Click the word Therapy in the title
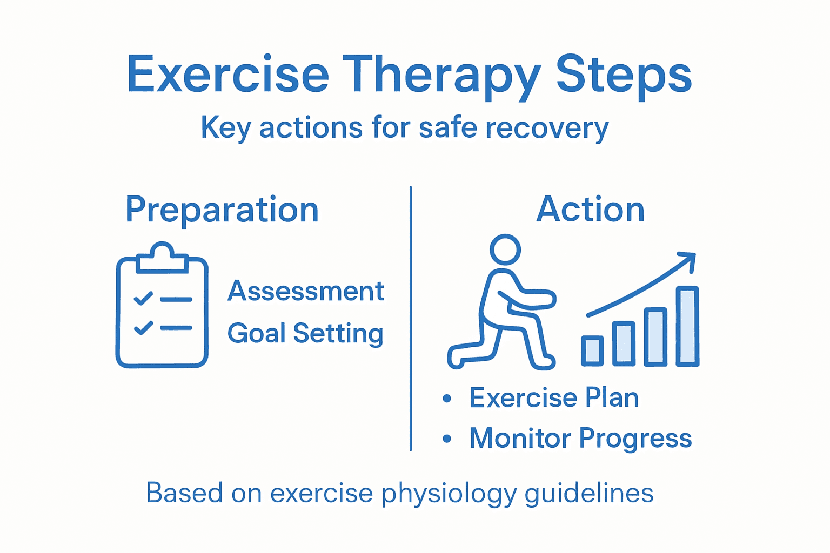tap(440, 76)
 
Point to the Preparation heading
tap(222, 210)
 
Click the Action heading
tap(591, 210)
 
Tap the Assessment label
tap(305, 292)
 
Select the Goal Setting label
tap(305, 333)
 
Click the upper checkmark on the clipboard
tap(143, 298)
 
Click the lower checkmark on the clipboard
tap(143, 327)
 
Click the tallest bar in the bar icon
tap(687, 326)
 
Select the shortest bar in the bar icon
tap(592, 350)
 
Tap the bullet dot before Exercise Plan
tap(447, 399)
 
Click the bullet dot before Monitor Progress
tap(447, 439)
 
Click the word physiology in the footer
tap(449, 494)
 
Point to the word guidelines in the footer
tap(589, 494)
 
